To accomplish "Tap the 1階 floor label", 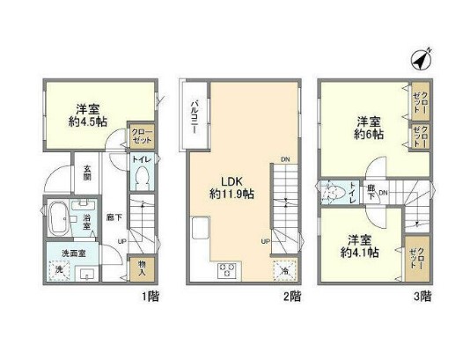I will click(x=148, y=296).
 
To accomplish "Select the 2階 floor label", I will click(x=292, y=296).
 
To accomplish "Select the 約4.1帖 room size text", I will click(x=362, y=252).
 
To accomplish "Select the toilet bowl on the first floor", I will click(x=142, y=179).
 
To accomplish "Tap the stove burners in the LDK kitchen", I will click(x=225, y=270).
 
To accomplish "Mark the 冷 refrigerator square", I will click(x=285, y=270).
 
